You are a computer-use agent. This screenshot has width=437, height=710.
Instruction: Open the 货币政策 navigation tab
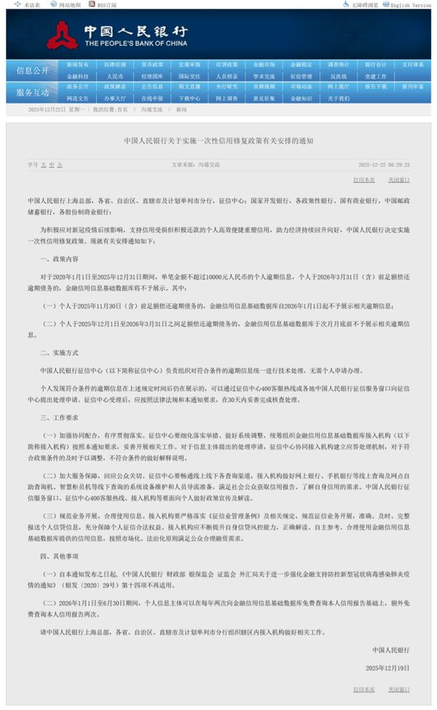[152, 65]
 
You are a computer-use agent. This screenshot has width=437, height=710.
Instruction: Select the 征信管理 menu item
[301, 76]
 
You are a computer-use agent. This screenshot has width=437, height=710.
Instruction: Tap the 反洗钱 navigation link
[338, 76]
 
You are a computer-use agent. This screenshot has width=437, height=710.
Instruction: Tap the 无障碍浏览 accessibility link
[366, 5]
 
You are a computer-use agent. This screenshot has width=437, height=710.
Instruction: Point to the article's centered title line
[219, 141]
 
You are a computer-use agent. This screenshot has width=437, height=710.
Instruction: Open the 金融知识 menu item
[301, 98]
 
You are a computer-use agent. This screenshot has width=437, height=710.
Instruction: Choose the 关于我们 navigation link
[338, 98]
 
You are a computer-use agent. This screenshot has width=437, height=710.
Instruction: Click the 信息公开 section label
[32, 71]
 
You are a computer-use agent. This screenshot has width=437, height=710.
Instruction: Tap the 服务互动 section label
[32, 92]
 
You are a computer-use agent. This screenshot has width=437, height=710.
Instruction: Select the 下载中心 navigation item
[189, 98]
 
